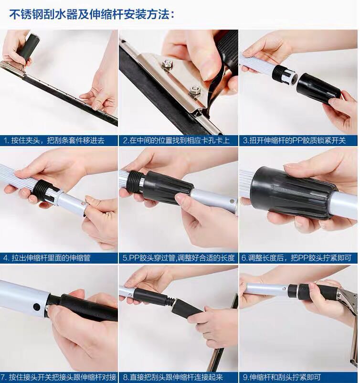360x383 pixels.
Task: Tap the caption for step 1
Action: point(54,140)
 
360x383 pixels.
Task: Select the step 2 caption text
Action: point(176,140)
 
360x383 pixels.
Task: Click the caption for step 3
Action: point(294,140)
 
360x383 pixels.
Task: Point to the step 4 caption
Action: point(47,258)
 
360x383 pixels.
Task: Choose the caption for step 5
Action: point(179,258)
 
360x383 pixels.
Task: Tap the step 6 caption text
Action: point(296,258)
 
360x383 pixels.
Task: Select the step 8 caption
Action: point(173,377)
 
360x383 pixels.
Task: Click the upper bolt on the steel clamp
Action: point(167,63)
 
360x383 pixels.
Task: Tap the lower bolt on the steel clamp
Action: point(195,90)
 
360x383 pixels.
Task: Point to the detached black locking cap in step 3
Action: point(318,89)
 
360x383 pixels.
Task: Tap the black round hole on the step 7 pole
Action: point(36,307)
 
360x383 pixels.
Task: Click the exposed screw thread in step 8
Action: point(171,301)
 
